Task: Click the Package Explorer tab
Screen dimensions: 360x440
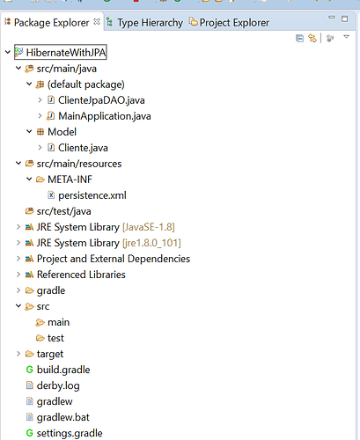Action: coord(51,23)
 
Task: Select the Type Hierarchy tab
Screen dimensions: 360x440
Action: coord(150,23)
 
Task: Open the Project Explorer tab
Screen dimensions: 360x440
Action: coord(234,23)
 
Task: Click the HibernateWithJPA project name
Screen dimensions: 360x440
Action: coord(66,53)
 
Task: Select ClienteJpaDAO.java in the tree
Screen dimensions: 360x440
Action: coord(101,100)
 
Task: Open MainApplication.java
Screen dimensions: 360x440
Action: coord(105,116)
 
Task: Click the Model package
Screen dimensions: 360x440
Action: coord(62,132)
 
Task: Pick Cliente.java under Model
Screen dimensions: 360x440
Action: coord(83,148)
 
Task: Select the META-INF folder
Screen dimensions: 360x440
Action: coord(70,180)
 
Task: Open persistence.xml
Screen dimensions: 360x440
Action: coord(92,195)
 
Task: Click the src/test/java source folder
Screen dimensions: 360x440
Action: coord(63,211)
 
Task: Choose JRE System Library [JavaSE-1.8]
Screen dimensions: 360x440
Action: coord(106,227)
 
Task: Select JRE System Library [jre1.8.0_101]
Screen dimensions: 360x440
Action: coord(108,243)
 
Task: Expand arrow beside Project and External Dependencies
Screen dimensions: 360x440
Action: coord(18,259)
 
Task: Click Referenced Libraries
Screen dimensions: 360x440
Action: coord(81,275)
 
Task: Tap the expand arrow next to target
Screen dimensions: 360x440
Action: coord(18,354)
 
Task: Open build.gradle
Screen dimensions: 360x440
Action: coord(63,370)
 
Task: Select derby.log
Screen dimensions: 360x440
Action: coord(58,385)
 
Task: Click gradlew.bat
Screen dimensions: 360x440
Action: coord(62,417)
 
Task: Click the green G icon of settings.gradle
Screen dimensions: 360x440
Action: coord(29,433)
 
